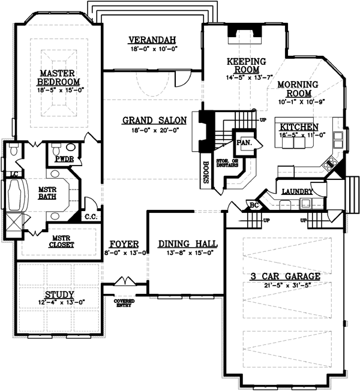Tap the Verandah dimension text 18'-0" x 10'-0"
152,50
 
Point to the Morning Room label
294,89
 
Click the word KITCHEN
298,127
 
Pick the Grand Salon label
154,120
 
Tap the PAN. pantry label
244,142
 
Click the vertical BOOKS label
206,170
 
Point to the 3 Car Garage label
286,276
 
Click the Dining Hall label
188,244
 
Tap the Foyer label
124,244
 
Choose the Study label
59,294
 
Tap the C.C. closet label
91,216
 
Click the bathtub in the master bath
14,195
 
